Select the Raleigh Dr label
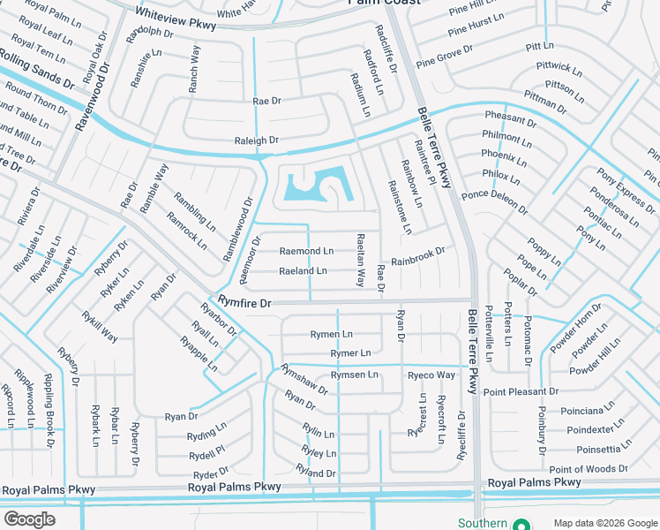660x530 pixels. pos(256,140)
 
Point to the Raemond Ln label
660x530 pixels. pos(306,252)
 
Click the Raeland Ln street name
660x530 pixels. pos(303,271)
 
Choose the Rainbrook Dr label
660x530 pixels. pos(418,256)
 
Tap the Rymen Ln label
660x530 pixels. pos(331,334)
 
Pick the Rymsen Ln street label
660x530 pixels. pos(354,375)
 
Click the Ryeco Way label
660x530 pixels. pos(431,375)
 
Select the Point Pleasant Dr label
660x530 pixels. pos(521,391)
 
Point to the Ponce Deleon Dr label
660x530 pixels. pos(494,203)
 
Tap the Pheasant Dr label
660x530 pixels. pos(510,119)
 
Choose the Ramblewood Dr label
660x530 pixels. pos(236,229)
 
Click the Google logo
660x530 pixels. pos(30,519)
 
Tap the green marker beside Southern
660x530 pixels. pos(521,523)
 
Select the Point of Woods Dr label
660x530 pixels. pos(589,469)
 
